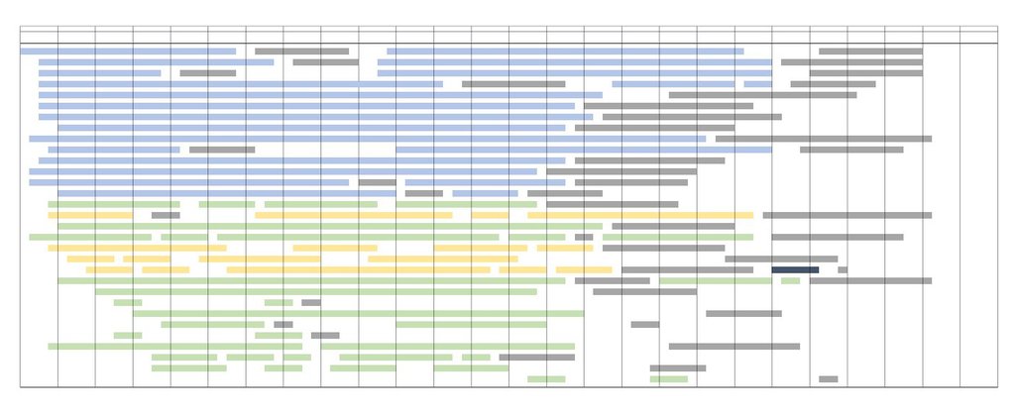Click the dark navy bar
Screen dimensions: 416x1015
[795, 269]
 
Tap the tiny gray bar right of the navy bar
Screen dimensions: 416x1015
[843, 269]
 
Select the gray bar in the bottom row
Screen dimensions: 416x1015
[828, 378]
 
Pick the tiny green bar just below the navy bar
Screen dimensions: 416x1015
[790, 280]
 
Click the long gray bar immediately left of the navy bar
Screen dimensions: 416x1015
[687, 269]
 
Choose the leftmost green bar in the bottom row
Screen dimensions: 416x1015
[546, 378]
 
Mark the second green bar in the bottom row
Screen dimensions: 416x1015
[669, 378]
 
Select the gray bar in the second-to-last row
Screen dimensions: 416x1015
[678, 367]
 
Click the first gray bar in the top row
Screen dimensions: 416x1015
[301, 52]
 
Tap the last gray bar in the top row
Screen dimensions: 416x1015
[870, 52]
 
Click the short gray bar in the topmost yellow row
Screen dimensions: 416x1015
[166, 215]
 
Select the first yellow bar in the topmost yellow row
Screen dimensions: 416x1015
[90, 215]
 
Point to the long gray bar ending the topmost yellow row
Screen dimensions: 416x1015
[846, 215]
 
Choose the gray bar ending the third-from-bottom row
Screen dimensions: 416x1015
[536, 357]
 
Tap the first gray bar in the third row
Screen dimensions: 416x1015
[207, 73]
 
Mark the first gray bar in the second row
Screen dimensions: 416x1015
[325, 62]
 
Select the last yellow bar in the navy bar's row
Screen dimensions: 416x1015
[584, 269]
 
